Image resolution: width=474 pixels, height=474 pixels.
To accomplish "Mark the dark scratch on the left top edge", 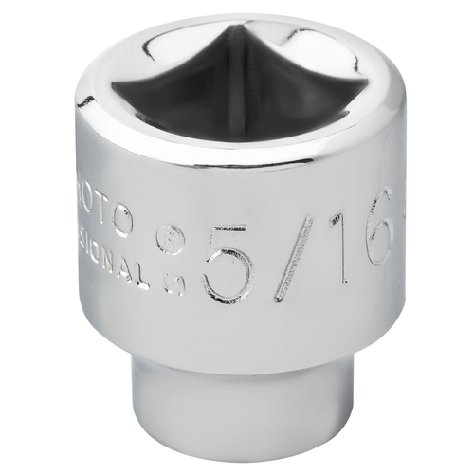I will [85, 100].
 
